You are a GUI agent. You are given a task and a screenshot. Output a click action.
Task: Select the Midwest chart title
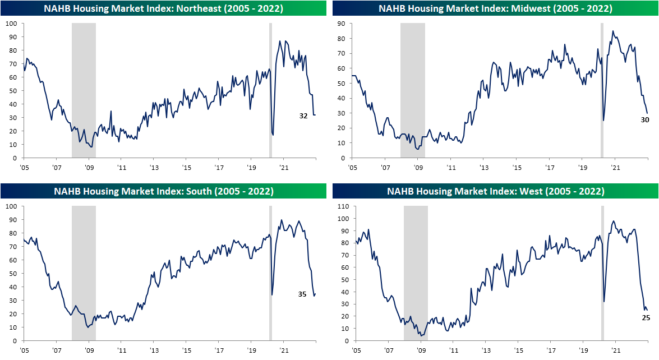point(495,8)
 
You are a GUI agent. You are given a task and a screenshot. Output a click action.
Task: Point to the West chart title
point(495,191)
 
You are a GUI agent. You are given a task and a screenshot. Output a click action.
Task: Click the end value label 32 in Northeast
point(303,116)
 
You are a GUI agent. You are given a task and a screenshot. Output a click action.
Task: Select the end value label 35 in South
point(302,294)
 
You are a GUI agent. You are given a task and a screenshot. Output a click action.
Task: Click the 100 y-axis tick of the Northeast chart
point(11,24)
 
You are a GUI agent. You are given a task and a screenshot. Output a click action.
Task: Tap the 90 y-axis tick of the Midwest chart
point(340,24)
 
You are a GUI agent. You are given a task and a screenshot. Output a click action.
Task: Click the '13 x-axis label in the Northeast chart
point(155,167)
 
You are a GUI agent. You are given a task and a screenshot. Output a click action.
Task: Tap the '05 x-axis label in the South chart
point(25,350)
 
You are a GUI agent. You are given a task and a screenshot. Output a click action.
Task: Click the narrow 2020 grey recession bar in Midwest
point(602,90)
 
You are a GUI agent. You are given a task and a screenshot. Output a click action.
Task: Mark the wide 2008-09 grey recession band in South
point(84,273)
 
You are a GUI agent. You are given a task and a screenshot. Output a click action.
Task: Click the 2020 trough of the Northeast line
point(273,135)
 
